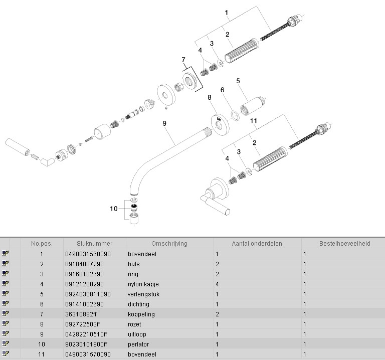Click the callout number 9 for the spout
(x=164, y=122)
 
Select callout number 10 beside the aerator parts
(x=113, y=208)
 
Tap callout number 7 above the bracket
(x=183, y=60)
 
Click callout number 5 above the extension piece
(x=238, y=81)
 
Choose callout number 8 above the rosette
(x=210, y=97)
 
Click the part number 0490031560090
(x=88, y=254)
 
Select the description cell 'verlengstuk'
(x=143, y=294)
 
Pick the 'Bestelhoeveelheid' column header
(x=344, y=243)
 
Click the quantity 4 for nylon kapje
(x=217, y=284)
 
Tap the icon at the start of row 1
(x=6, y=254)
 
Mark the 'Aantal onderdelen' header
(x=257, y=243)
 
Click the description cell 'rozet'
(x=135, y=324)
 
